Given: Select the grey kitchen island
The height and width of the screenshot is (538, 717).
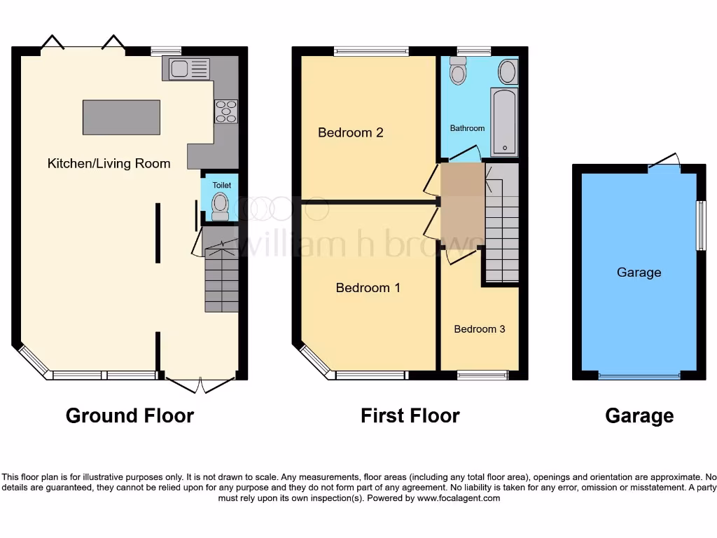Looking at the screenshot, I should [121, 117].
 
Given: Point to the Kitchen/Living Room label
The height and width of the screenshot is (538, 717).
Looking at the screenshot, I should [109, 163].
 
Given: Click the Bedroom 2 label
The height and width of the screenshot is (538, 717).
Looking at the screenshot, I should [350, 132].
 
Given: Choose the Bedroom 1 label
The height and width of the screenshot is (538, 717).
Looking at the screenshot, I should [368, 287].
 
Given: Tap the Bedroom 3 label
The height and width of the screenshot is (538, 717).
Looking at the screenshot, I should [479, 329].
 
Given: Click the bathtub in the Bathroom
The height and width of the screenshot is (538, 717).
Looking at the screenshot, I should [503, 120].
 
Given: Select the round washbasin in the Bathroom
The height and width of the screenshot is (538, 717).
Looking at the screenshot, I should [508, 71].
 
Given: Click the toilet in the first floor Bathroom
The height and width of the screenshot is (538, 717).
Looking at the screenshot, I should [458, 71].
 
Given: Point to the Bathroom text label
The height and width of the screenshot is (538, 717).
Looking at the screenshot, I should [467, 128].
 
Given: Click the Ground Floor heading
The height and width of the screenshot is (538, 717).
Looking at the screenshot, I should [130, 415].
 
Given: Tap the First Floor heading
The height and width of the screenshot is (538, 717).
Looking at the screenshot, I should [410, 415].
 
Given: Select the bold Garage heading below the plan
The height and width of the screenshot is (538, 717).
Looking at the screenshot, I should [639, 416].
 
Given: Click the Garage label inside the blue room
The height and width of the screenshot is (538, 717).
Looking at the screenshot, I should [639, 273].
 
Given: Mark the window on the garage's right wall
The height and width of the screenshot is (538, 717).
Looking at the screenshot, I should [699, 226].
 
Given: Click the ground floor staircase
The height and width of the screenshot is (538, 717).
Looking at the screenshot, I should [221, 277].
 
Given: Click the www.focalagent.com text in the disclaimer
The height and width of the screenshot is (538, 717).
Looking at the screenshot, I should [459, 499].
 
